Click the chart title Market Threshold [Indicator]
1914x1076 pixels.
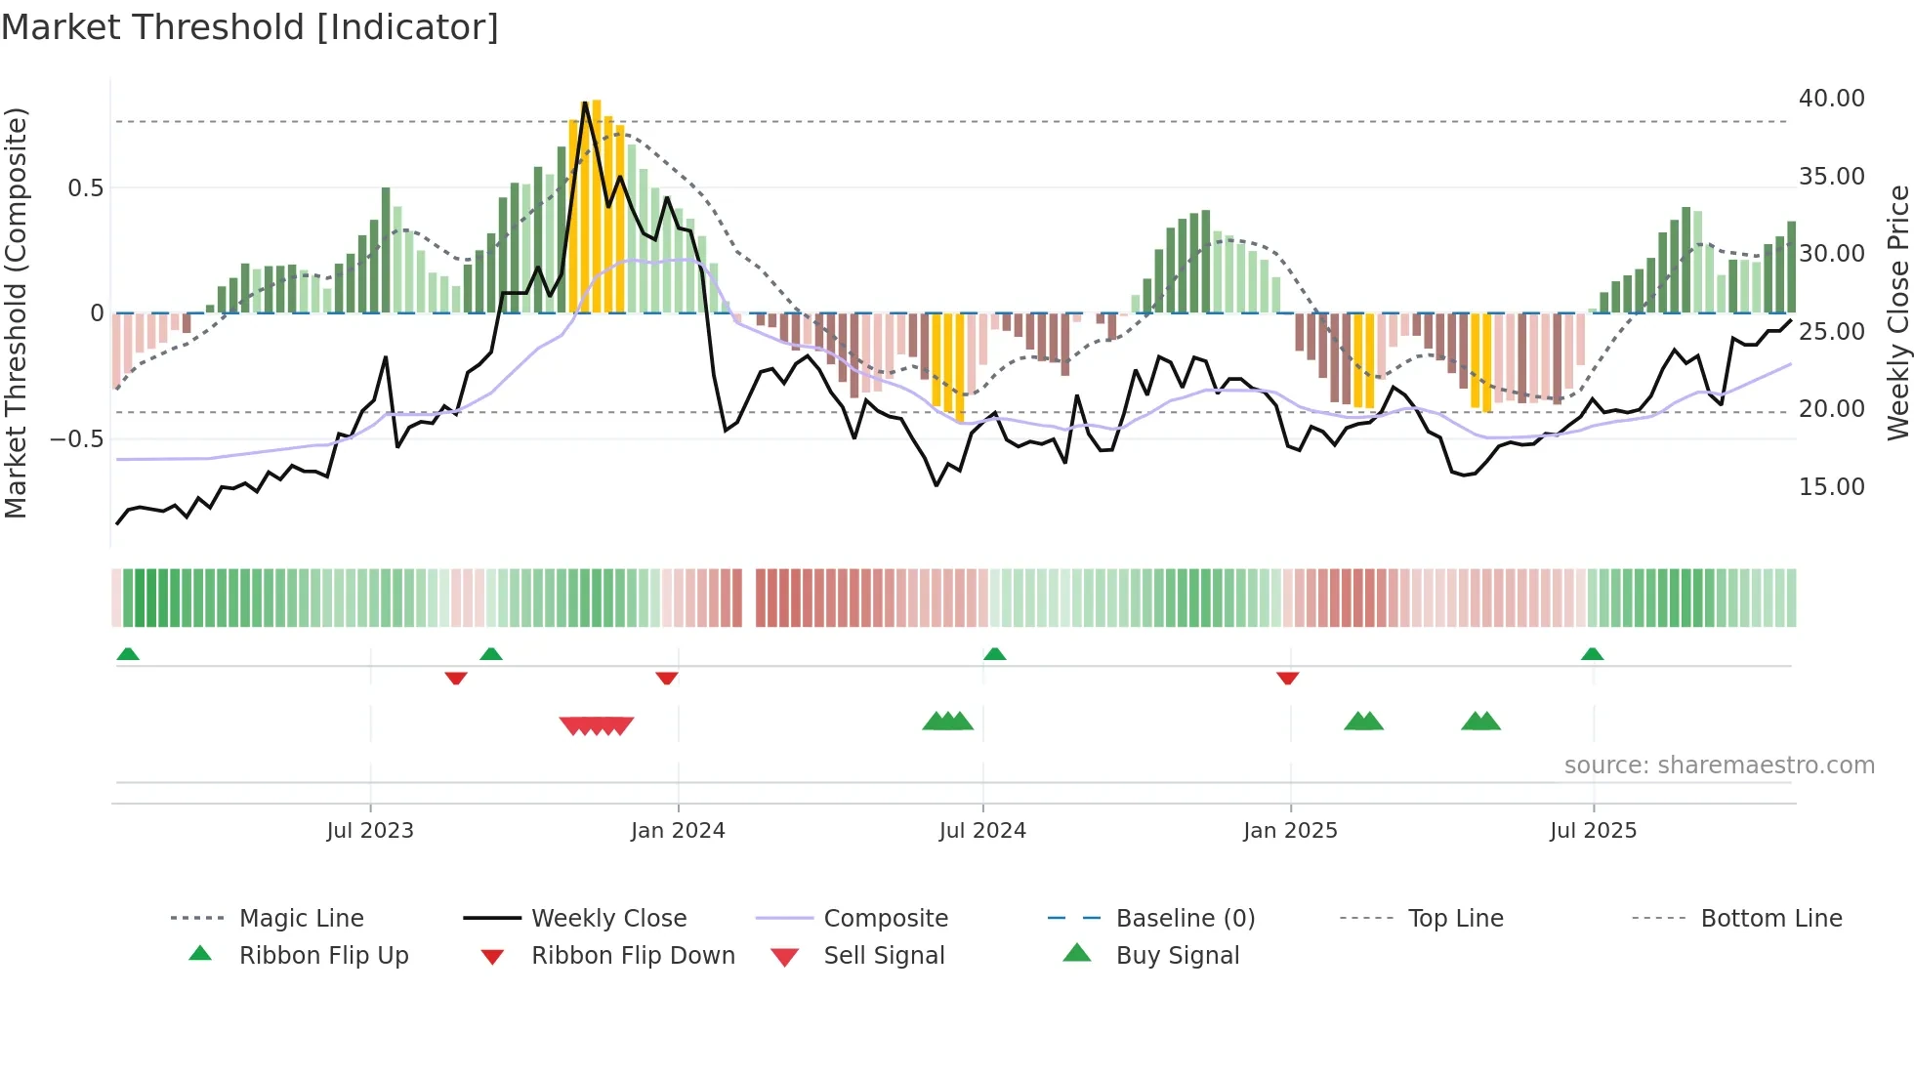coord(250,27)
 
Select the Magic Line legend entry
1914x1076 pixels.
coord(301,919)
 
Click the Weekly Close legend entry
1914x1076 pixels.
coord(608,919)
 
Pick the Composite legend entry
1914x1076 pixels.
coord(885,919)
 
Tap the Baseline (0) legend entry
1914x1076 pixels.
coord(1185,919)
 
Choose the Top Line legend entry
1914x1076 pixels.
coord(1455,919)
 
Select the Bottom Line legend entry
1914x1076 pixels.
coord(1770,919)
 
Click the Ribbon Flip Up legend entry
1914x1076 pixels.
coord(323,956)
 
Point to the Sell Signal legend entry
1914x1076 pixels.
coord(884,956)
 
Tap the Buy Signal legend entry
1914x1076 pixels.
coord(1177,956)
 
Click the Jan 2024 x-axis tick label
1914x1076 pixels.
coord(678,831)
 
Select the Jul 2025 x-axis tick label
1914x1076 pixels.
coord(1593,831)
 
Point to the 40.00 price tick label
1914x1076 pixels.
coord(1831,99)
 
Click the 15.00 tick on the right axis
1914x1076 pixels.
coord(1831,487)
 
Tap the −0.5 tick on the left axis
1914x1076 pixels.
coord(76,439)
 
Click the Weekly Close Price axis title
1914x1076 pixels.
coord(1897,312)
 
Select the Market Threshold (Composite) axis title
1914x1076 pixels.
coord(16,312)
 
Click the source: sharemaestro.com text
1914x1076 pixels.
coord(1719,766)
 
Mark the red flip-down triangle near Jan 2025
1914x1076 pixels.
coord(1287,678)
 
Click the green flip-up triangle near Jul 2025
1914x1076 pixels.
coord(1592,654)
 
